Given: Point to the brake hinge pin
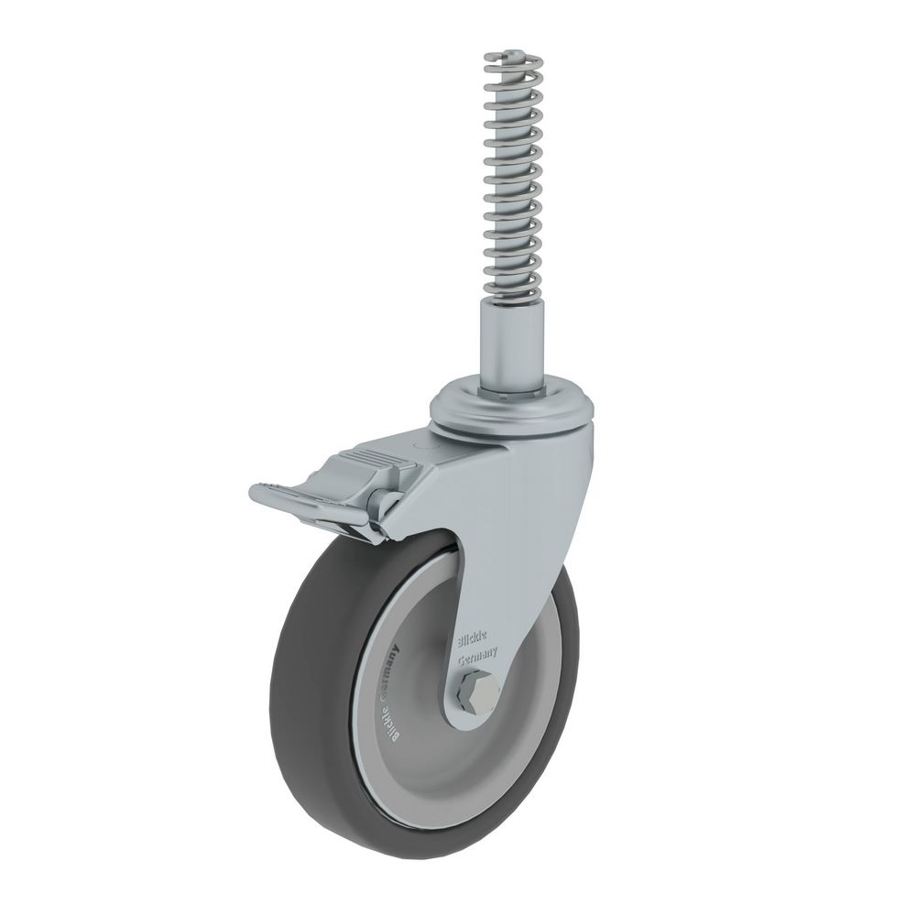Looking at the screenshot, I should pyautogui.click(x=377, y=503).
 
